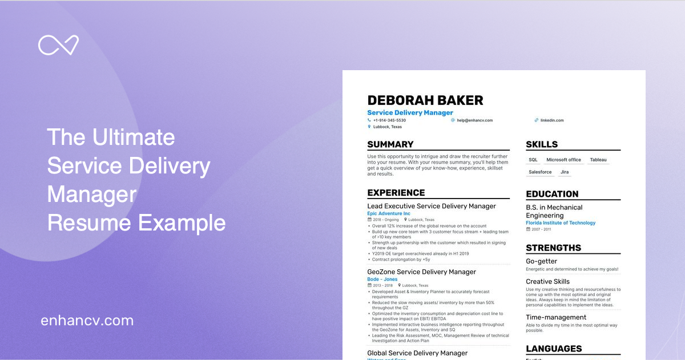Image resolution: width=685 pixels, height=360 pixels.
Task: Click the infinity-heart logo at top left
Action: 58,46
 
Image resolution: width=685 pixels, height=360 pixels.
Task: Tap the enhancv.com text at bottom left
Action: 87,321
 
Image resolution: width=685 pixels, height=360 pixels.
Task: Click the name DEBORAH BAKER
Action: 425,100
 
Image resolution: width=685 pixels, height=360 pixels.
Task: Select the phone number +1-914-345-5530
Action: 389,120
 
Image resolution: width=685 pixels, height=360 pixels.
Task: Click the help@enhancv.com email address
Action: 474,120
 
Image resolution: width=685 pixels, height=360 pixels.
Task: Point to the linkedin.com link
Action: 552,120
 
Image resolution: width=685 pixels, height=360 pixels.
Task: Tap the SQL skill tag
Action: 533,160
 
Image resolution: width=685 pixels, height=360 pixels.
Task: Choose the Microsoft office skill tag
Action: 563,160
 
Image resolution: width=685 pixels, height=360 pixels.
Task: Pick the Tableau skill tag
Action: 598,160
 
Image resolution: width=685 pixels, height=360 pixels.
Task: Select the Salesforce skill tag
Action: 540,172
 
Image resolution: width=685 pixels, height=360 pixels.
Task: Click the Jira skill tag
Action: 565,172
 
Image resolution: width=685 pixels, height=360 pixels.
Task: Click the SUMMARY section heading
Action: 390,144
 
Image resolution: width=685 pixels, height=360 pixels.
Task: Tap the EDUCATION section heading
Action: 552,194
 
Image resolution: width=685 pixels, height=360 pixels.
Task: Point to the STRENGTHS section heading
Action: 553,248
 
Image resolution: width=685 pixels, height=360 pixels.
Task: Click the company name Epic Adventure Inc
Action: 389,213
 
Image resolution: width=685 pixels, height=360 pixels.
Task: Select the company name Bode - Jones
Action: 382,280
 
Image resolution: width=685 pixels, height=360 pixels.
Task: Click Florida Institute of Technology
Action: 561,223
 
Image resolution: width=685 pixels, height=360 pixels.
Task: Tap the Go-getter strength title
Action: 541,261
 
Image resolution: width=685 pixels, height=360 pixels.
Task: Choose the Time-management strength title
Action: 556,317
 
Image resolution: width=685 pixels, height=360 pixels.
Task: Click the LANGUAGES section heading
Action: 554,349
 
